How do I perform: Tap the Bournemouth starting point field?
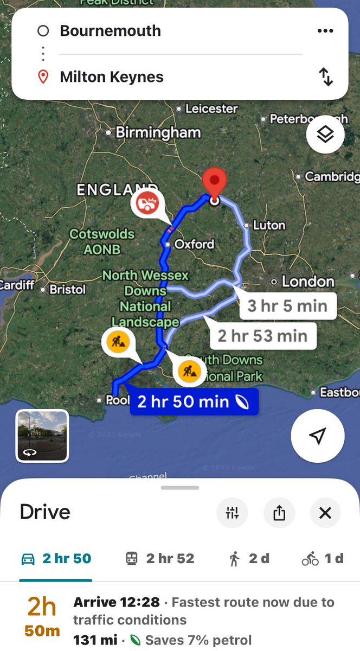pyautogui.click(x=111, y=31)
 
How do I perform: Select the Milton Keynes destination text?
pyautogui.click(x=112, y=77)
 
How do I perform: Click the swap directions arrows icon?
pyautogui.click(x=325, y=77)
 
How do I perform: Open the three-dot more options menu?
pyautogui.click(x=325, y=31)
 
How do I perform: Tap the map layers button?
pyautogui.click(x=325, y=135)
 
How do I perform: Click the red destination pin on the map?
pyautogui.click(x=214, y=183)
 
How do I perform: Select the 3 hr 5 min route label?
pyautogui.click(x=287, y=306)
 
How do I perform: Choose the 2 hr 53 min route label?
pyautogui.click(x=262, y=336)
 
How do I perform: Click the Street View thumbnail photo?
pyautogui.click(x=42, y=436)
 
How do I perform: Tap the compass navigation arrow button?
pyautogui.click(x=318, y=436)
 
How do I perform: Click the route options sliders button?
pyautogui.click(x=232, y=512)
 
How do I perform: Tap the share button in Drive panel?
pyautogui.click(x=279, y=512)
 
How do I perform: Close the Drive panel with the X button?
pyautogui.click(x=325, y=512)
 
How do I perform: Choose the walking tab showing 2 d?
pyautogui.click(x=249, y=559)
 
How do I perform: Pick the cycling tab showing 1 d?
pyautogui.click(x=323, y=559)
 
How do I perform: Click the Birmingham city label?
pyautogui.click(x=158, y=132)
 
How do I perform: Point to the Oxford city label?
pyautogui.click(x=194, y=244)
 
